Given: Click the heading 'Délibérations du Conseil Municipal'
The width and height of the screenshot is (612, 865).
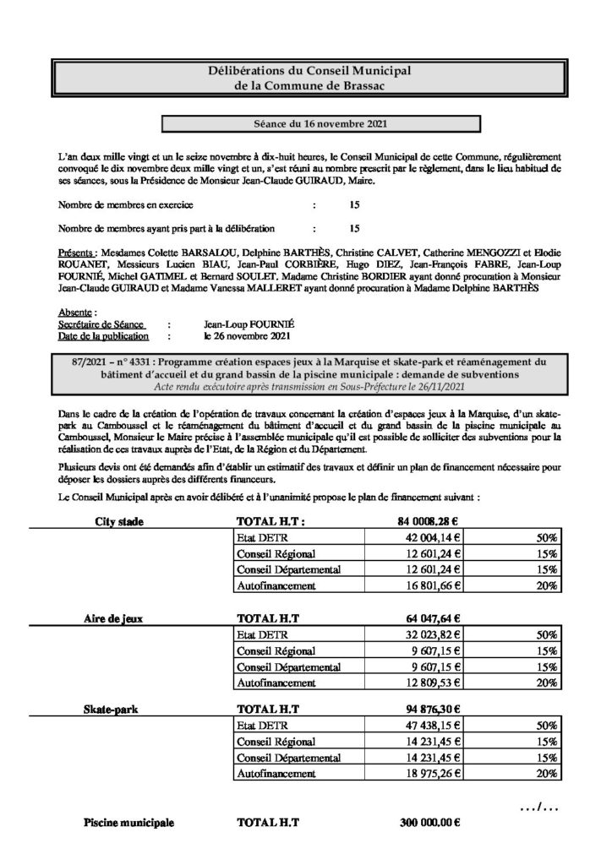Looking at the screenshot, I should [306, 70].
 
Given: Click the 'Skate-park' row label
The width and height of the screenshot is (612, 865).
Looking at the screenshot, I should [113, 710].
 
